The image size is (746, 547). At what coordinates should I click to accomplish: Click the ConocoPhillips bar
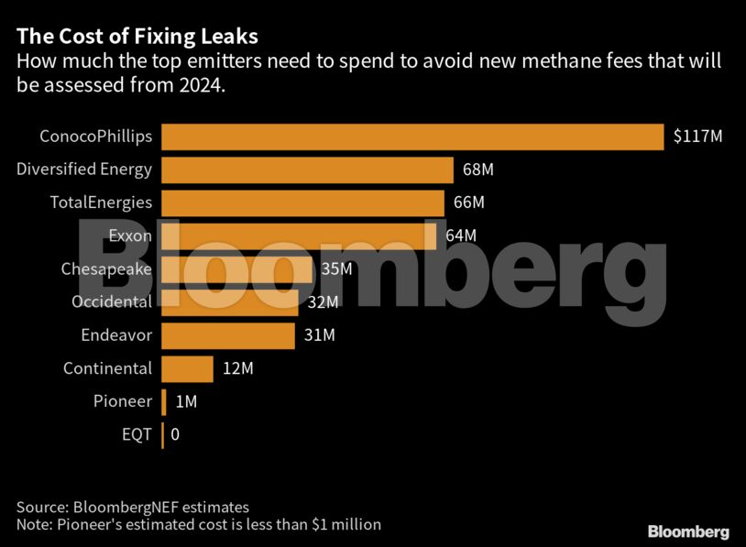click(x=412, y=137)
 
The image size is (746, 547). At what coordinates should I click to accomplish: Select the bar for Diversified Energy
click(x=307, y=170)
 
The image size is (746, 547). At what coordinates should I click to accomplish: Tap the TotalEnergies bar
click(x=302, y=202)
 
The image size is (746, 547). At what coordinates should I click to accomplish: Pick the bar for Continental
click(x=187, y=368)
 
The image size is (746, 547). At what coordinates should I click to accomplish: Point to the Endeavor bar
click(x=228, y=335)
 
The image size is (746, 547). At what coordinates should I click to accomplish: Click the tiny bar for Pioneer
click(x=164, y=401)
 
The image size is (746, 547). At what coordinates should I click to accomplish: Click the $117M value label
click(x=697, y=137)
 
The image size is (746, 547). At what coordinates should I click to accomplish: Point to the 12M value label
click(x=237, y=368)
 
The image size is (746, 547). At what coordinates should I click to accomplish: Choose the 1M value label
click(x=185, y=401)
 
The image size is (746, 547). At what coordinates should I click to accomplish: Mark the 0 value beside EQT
click(x=175, y=434)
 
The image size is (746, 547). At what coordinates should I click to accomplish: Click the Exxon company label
click(x=130, y=235)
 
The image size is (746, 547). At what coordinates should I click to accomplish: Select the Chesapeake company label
click(x=106, y=269)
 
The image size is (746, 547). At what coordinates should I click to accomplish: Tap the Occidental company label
click(x=112, y=302)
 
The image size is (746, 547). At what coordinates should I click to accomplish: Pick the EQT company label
click(x=137, y=434)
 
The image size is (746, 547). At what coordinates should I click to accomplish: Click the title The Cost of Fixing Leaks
click(x=137, y=38)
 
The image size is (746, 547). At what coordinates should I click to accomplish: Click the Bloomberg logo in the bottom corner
click(x=688, y=531)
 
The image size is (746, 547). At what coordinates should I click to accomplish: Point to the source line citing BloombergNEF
click(x=133, y=507)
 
